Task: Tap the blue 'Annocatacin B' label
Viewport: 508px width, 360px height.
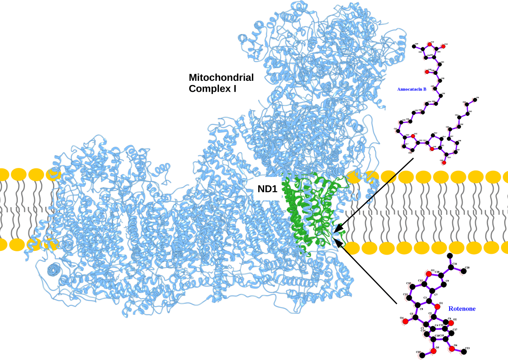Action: [x=411, y=89]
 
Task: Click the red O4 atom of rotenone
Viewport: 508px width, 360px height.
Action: [x=405, y=322]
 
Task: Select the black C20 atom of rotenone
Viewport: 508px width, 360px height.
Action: [x=464, y=271]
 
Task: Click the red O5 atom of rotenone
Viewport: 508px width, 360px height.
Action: [x=433, y=351]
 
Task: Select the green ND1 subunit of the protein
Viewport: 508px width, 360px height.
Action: [x=309, y=212]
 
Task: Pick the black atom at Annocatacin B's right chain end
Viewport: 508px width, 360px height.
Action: [x=476, y=98]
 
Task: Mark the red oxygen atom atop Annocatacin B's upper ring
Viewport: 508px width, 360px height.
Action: [x=430, y=44]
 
